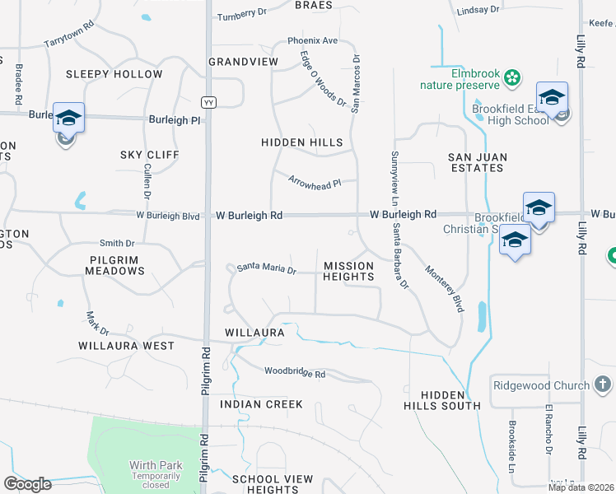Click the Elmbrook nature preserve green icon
coord(512,78)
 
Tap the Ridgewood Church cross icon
coord(602,384)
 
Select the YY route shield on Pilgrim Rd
coord(208,101)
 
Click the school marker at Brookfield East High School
coord(552,98)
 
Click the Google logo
coord(27,484)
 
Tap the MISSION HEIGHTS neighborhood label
coord(348,271)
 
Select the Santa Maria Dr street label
coord(266,268)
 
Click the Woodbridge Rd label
coord(295,373)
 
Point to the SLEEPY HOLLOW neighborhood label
coord(114,74)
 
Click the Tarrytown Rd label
coord(69,34)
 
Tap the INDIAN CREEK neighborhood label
coord(261,404)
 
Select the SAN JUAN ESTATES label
coord(476,162)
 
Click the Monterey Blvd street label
coord(445,288)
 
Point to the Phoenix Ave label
coord(313,40)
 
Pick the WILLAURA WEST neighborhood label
coord(126,346)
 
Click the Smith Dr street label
coord(117,243)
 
